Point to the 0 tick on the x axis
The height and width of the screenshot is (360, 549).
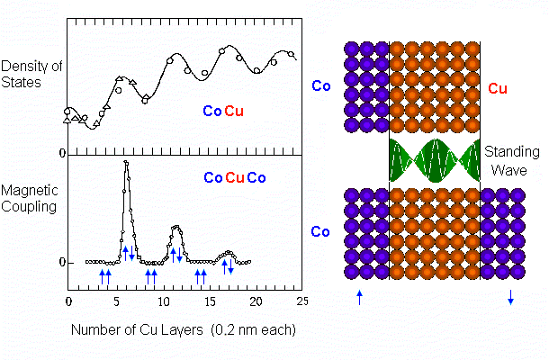[x=68, y=300]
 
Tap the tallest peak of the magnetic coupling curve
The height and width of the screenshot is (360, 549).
[x=126, y=163]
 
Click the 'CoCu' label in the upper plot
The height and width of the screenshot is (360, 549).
[x=222, y=112]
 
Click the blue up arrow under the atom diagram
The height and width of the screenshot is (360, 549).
[x=359, y=296]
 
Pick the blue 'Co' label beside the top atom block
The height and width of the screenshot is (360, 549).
[x=321, y=86]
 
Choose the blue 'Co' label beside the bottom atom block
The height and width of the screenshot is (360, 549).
[x=321, y=231]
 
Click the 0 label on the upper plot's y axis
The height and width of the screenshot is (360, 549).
[x=62, y=154]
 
